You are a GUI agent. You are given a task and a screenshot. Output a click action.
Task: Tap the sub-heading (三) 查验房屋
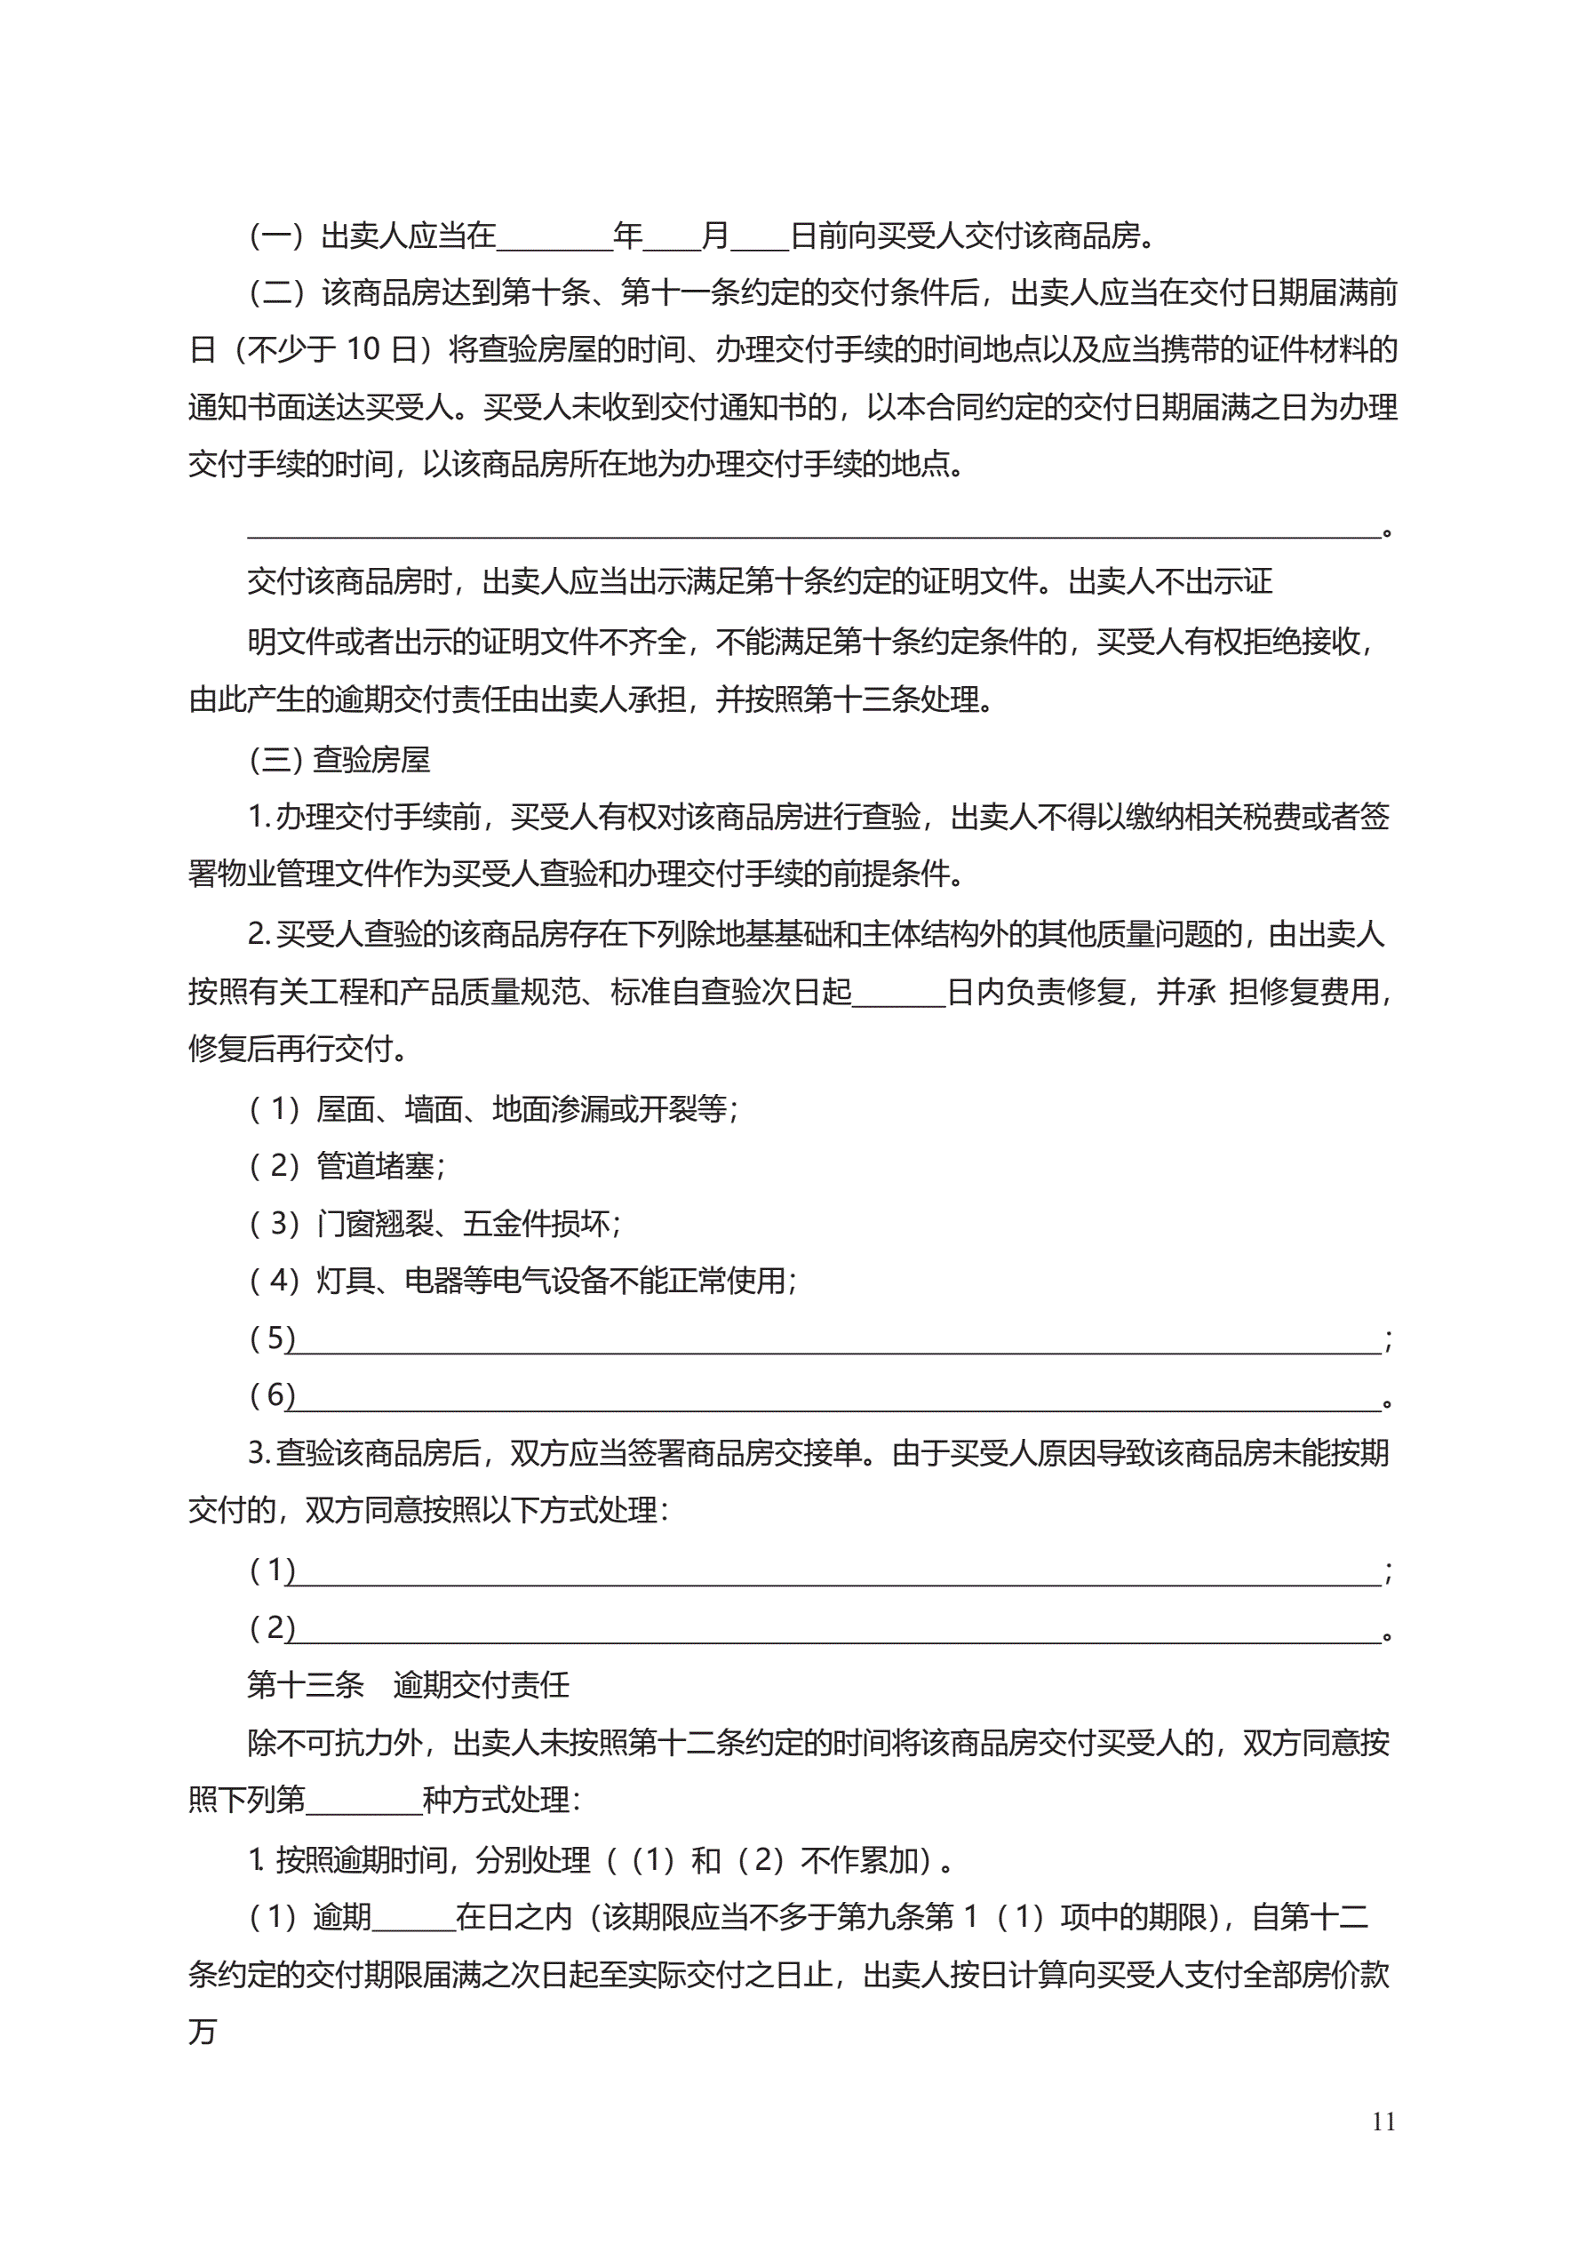coord(339,760)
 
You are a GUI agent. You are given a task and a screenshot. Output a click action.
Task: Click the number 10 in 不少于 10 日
coord(363,349)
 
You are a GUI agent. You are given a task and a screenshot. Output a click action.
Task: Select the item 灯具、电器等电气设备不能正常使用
coord(555,1280)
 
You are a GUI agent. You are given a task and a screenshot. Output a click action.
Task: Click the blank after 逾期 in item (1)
coord(412,1919)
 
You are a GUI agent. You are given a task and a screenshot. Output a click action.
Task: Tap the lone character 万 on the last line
coord(203,2033)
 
